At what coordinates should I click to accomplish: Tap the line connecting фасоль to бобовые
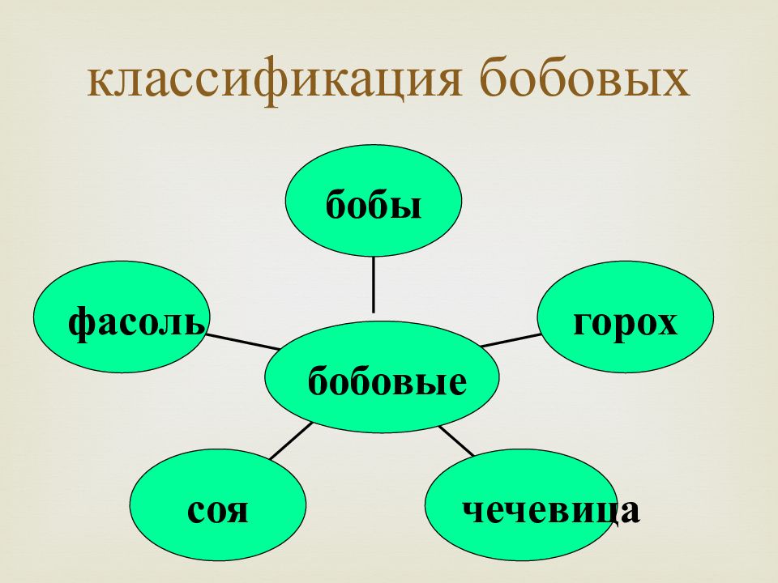[x=243, y=340]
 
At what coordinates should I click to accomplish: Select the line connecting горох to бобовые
[x=511, y=339]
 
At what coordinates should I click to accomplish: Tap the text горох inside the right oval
[x=625, y=323]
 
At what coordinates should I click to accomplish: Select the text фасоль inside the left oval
[x=136, y=325]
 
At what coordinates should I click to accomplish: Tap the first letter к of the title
[x=99, y=84]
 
